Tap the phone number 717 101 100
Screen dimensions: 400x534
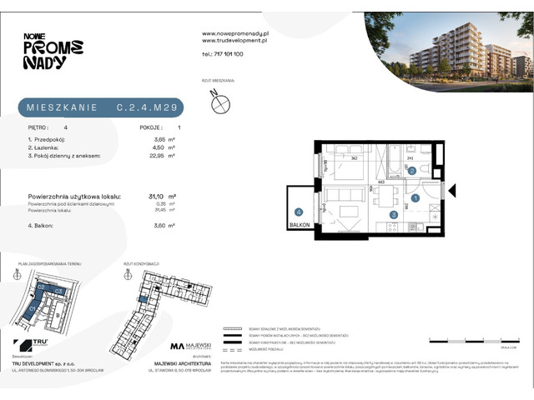pyautogui.click(x=223, y=53)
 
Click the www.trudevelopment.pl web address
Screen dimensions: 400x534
pyautogui.click(x=234, y=40)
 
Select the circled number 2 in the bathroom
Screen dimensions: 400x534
pyautogui.click(x=412, y=171)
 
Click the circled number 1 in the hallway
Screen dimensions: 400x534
pyautogui.click(x=415, y=196)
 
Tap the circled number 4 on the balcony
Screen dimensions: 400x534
pyautogui.click(x=298, y=212)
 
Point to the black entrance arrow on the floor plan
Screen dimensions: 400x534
pyautogui.click(x=453, y=192)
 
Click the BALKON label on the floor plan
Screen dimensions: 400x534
pyautogui.click(x=300, y=225)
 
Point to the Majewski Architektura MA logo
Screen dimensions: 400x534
pyautogui.click(x=177, y=346)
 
